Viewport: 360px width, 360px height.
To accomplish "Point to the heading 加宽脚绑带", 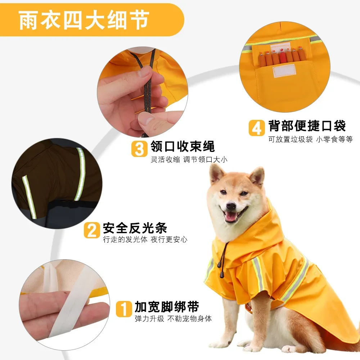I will (167, 307).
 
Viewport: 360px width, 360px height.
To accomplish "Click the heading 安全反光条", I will (135, 228).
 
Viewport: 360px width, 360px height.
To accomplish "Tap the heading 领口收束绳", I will (183, 147).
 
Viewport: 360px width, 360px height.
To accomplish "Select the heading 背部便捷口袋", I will (307, 126).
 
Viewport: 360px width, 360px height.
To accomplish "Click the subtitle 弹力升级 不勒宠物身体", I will (173, 319).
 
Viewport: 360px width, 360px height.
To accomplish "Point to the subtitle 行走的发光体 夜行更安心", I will (145, 239).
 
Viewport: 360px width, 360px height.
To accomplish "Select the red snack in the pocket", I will (283, 57).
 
